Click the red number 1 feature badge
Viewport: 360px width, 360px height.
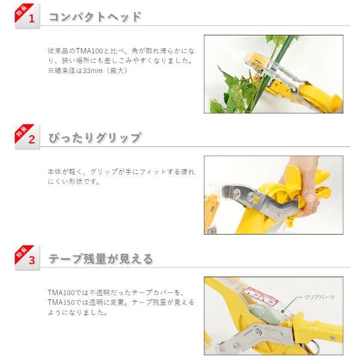28,16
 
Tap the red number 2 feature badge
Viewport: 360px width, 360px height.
28,137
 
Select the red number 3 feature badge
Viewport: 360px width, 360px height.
28,258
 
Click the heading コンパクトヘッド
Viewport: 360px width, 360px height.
95,17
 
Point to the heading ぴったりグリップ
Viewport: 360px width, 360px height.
95,138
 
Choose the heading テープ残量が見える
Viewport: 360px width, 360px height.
101,259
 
